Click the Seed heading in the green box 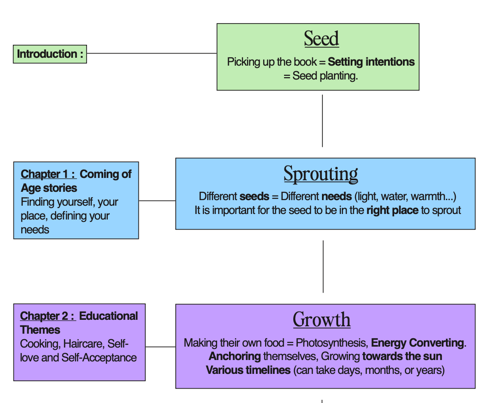322,39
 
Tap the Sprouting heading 321,174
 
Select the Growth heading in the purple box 322,319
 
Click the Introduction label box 50,54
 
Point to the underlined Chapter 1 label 48,174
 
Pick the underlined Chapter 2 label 48,316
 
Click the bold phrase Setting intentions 371,62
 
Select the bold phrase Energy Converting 418,343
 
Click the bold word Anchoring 235,356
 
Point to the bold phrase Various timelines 248,370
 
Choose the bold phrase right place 392,210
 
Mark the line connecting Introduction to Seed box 152,53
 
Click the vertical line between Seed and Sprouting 322,121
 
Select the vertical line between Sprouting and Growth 323,267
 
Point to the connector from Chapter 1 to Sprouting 157,201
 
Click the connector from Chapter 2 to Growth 161,347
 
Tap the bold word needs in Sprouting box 336,196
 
